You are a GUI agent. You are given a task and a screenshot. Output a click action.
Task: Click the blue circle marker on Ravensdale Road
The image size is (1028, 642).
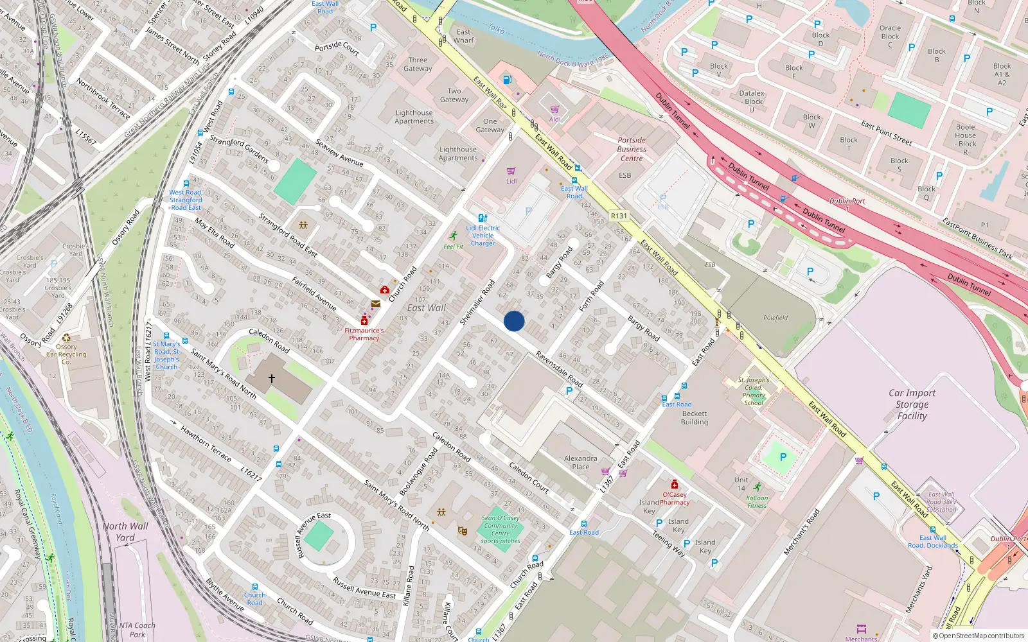pos(514,321)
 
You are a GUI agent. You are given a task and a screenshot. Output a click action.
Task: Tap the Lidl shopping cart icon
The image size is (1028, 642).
pos(511,171)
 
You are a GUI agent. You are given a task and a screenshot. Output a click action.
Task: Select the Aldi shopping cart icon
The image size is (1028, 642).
pos(554,110)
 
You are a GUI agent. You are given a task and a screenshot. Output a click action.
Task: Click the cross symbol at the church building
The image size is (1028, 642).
pos(272,379)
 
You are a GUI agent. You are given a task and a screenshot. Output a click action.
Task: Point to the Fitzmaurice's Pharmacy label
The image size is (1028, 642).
pos(364,334)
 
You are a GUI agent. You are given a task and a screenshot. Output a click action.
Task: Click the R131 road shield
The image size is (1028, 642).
pos(619,216)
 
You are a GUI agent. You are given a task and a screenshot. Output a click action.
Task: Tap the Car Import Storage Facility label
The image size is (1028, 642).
pos(912,404)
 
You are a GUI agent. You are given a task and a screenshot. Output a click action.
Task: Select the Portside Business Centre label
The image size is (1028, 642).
pos(632,149)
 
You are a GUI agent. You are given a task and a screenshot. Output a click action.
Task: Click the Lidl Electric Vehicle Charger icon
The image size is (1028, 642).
pos(483,218)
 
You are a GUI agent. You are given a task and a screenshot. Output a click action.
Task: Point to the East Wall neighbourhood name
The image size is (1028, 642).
pos(426,308)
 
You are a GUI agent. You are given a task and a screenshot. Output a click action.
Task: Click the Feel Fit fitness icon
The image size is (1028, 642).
pos(454,236)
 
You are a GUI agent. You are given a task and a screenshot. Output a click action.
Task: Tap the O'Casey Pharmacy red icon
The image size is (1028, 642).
pos(674,484)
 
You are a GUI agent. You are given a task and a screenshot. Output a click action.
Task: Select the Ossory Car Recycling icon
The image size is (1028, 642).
pos(66,338)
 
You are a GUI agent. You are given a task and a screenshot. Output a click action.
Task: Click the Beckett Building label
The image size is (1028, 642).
pos(695,418)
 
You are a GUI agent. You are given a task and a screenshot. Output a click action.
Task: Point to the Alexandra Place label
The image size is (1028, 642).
pos(580,462)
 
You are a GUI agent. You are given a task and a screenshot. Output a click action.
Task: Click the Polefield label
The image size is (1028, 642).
pos(775,318)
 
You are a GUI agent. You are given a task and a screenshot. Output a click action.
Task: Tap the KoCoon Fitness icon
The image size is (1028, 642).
pos(758,487)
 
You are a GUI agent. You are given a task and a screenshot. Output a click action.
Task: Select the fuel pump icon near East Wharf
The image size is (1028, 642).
pos(507,80)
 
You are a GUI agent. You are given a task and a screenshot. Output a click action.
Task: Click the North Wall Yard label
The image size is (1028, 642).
pos(125,532)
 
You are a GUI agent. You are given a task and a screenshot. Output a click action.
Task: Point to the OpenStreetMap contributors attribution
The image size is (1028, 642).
pos(978,636)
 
